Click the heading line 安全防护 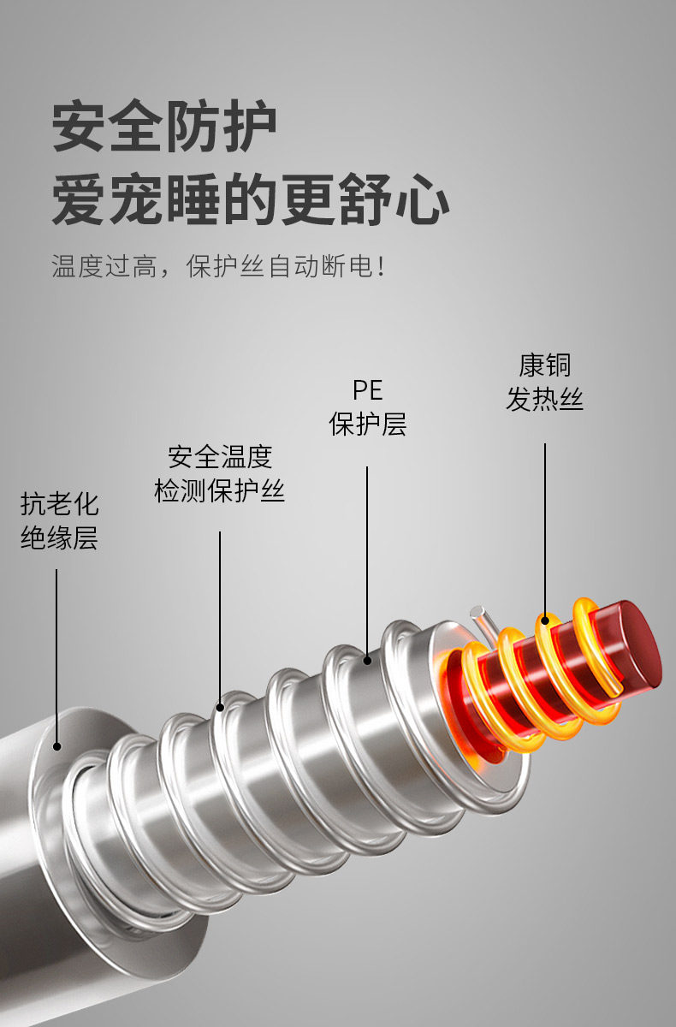pos(164,128)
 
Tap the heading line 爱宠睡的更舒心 pos(250,201)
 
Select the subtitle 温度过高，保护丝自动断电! pos(218,265)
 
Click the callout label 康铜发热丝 pos(544,382)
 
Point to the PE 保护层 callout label pos(368,407)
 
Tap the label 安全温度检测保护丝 pos(220,473)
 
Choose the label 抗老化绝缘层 pos(59,520)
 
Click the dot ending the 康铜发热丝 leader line pos(545,619)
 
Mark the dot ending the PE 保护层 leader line pos(368,660)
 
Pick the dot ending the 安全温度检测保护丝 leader pos(220,707)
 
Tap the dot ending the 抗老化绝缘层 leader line pos(57,746)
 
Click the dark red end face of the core pos(637,644)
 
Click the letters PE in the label pos(368,391)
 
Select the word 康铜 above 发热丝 pos(544,365)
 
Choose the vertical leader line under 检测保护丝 pos(220,616)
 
